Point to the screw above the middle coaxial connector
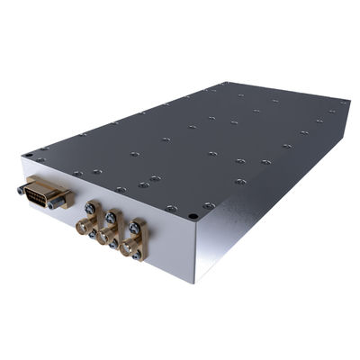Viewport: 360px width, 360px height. (x=112, y=216)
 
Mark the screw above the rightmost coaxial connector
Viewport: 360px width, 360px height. (x=137, y=225)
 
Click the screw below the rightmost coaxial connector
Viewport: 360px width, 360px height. (x=136, y=256)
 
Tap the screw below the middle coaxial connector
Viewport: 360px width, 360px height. (x=112, y=247)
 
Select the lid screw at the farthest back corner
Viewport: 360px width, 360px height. (x=219, y=85)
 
